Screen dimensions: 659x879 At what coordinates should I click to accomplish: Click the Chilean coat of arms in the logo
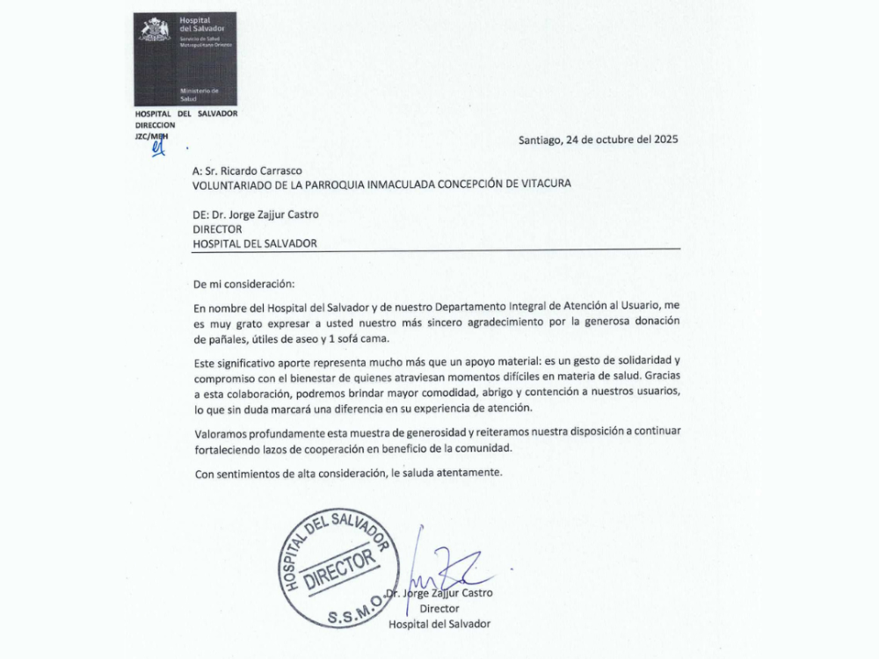point(155,31)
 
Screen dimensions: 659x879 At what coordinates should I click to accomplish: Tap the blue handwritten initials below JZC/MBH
point(158,148)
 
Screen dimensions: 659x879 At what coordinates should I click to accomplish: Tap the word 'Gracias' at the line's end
point(660,377)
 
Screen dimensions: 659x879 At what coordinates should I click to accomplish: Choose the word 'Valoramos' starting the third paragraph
point(220,433)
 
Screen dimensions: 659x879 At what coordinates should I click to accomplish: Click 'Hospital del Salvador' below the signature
point(439,624)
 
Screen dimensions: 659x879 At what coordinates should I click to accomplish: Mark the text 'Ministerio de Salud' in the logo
point(199,96)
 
